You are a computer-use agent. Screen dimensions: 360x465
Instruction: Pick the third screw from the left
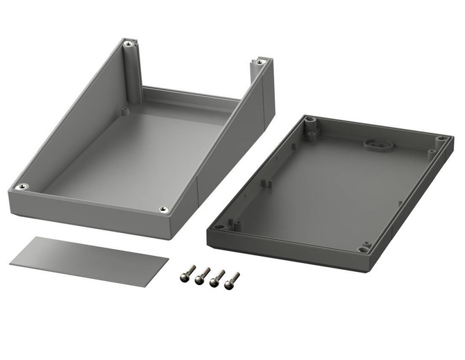[217, 278]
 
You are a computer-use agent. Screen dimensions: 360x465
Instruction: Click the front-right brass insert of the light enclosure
[163, 209]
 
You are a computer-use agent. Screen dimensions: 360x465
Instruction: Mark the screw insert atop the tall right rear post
[260, 62]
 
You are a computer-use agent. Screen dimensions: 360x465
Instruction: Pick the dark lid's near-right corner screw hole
[365, 248]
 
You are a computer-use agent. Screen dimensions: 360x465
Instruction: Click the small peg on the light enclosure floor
[126, 110]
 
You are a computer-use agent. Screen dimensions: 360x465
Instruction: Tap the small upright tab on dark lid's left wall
[267, 184]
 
